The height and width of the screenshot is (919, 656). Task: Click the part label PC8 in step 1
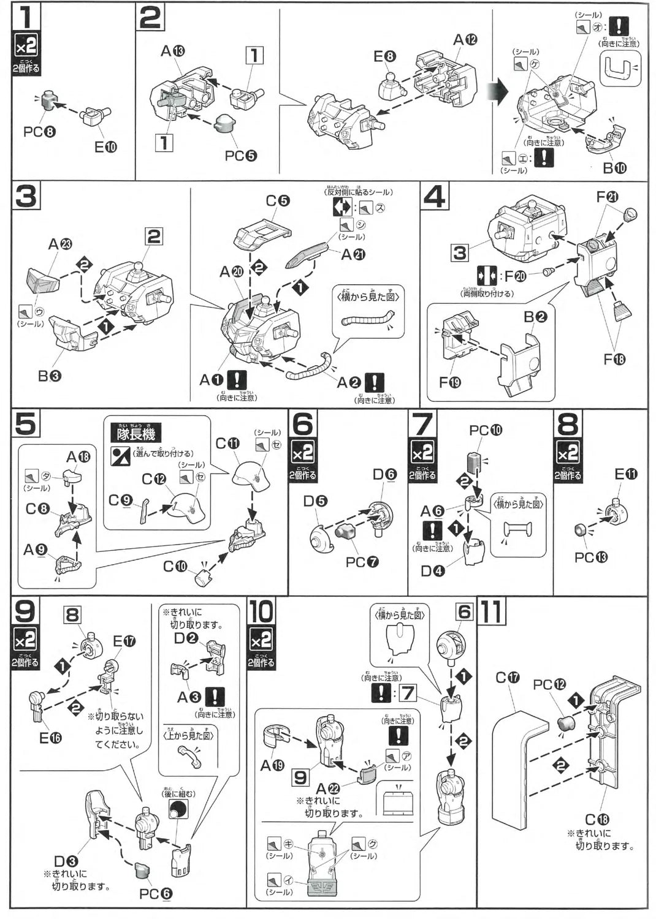pyautogui.click(x=39, y=131)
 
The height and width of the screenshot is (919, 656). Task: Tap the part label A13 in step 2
pyautogui.click(x=172, y=51)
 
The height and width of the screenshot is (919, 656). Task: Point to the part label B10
pyautogui.click(x=614, y=168)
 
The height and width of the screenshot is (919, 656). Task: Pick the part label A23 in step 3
pyautogui.click(x=60, y=244)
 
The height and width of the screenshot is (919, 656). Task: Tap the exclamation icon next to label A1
pyautogui.click(x=237, y=380)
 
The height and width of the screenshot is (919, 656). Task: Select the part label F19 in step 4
pyautogui.click(x=450, y=382)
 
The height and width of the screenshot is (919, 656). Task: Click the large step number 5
pyautogui.click(x=26, y=424)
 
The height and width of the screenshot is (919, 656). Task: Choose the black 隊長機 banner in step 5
pyautogui.click(x=136, y=433)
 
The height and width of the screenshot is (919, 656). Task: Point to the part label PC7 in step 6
pyautogui.click(x=362, y=562)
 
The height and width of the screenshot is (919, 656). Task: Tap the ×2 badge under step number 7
pyautogui.click(x=422, y=453)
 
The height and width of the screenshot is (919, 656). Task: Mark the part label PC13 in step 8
pyautogui.click(x=591, y=557)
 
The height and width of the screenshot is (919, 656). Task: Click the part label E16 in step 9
pyautogui.click(x=50, y=738)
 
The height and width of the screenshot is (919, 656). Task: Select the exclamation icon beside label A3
pyautogui.click(x=215, y=697)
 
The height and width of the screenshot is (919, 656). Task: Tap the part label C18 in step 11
pyautogui.click(x=597, y=820)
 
